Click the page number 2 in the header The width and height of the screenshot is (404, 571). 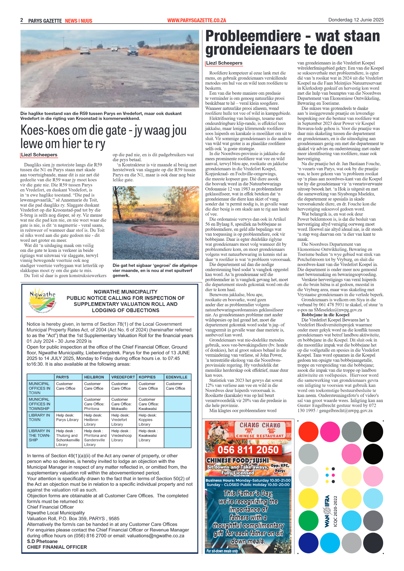[22, 20]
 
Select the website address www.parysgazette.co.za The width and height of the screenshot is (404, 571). [197, 21]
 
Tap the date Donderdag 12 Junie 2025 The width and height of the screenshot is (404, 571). [356, 20]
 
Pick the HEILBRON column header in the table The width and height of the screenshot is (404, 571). [94, 377]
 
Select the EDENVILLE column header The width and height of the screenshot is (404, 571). [177, 377]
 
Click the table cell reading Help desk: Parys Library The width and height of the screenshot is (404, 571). [67, 417]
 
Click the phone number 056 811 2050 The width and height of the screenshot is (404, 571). [248, 450]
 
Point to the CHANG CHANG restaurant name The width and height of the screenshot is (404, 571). [260, 425]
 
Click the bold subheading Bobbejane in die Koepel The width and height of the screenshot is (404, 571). [325, 315]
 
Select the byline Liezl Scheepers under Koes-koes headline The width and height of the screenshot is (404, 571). [39, 155]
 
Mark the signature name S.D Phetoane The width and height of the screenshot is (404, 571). [42, 541]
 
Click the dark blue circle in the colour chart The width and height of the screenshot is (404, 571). [308, 543]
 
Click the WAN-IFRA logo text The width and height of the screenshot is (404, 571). [327, 511]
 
